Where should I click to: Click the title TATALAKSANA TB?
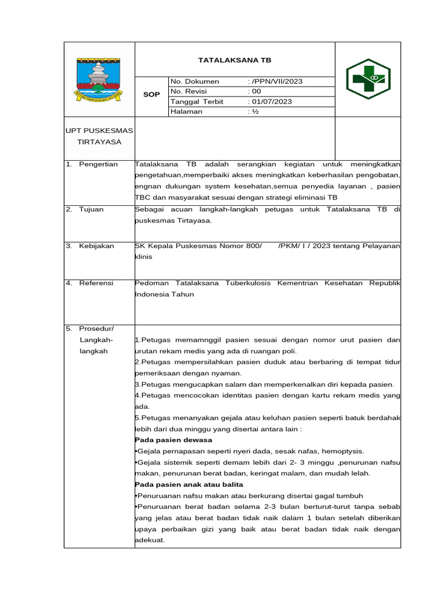[x=234, y=60]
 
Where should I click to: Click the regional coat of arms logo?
[x=97, y=79]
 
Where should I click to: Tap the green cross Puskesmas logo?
[x=368, y=79]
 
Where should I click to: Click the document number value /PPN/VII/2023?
[x=276, y=82]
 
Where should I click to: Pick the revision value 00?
[x=256, y=91]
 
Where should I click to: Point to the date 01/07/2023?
[x=271, y=102]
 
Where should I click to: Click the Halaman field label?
[x=187, y=112]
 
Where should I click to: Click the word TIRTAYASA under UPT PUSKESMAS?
[x=99, y=142]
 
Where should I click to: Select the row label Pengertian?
[x=98, y=164]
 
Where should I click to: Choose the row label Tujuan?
[x=91, y=209]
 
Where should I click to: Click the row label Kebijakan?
[x=97, y=246]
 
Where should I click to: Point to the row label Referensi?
[x=96, y=283]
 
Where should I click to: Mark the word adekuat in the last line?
[x=149, y=540]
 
